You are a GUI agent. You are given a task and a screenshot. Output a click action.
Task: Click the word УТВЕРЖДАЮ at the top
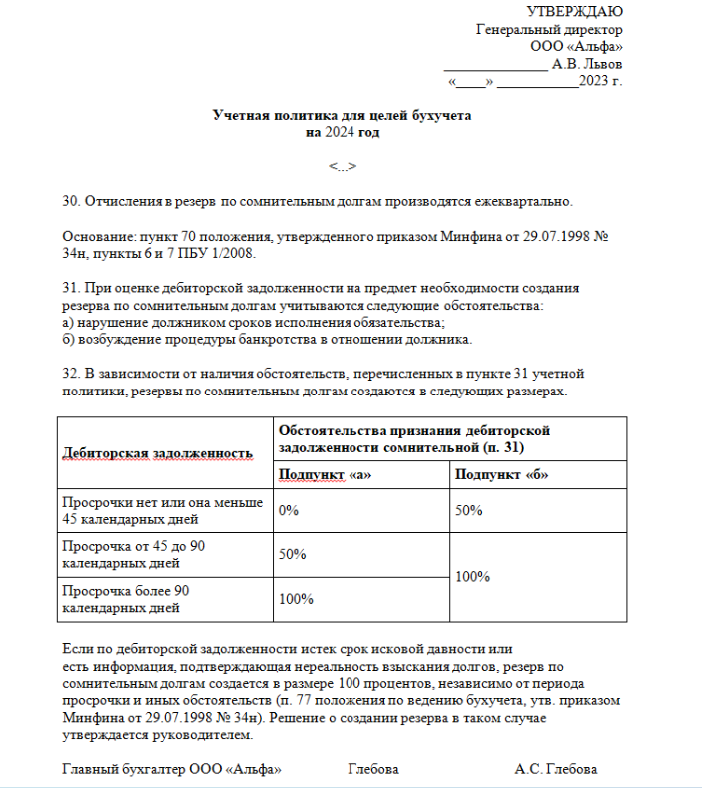pos(574,12)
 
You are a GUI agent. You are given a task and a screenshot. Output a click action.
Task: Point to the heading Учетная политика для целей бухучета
pos(342,116)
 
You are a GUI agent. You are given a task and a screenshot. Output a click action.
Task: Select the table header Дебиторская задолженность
pos(158,453)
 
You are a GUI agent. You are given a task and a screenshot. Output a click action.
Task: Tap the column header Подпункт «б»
pos(501,475)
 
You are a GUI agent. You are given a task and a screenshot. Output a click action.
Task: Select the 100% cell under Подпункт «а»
pos(296,600)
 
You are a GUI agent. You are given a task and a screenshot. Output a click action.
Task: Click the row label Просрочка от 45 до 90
pos(134,547)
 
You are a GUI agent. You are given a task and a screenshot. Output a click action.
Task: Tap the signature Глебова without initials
pos(373,770)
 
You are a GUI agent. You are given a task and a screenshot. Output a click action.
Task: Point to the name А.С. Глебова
pos(556,770)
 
